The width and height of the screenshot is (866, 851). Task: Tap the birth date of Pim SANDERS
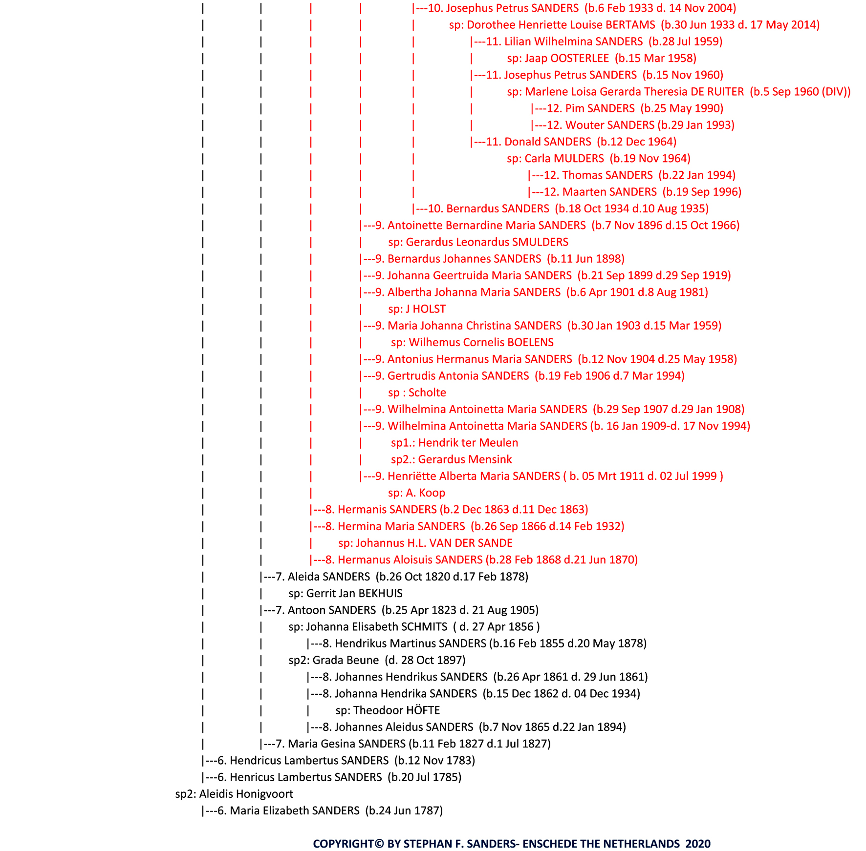(x=682, y=108)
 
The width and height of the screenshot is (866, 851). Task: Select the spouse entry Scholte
(x=427, y=393)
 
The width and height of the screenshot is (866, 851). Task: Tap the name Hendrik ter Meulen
(x=468, y=443)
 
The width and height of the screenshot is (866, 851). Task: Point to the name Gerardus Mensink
(x=465, y=459)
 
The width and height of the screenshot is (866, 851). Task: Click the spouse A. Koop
(x=425, y=493)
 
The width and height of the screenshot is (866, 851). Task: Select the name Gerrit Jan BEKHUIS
(x=354, y=593)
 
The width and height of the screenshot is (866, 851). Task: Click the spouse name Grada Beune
(x=346, y=660)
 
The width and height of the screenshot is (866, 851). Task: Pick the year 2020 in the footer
(x=698, y=844)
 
